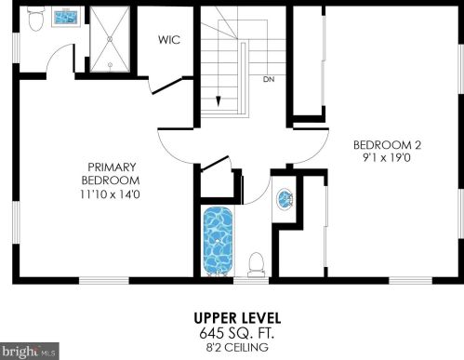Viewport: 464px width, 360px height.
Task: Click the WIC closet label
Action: tap(167, 41)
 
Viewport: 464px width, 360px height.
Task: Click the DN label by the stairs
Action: tap(269, 80)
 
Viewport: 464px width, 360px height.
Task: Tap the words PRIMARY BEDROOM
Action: tap(111, 173)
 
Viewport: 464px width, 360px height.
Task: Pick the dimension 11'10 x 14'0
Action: tap(111, 194)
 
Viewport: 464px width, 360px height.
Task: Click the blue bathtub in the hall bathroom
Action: tap(219, 240)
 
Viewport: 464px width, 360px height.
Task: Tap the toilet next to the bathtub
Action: tap(258, 262)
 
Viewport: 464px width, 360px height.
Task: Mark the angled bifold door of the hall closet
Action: tap(215, 165)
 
